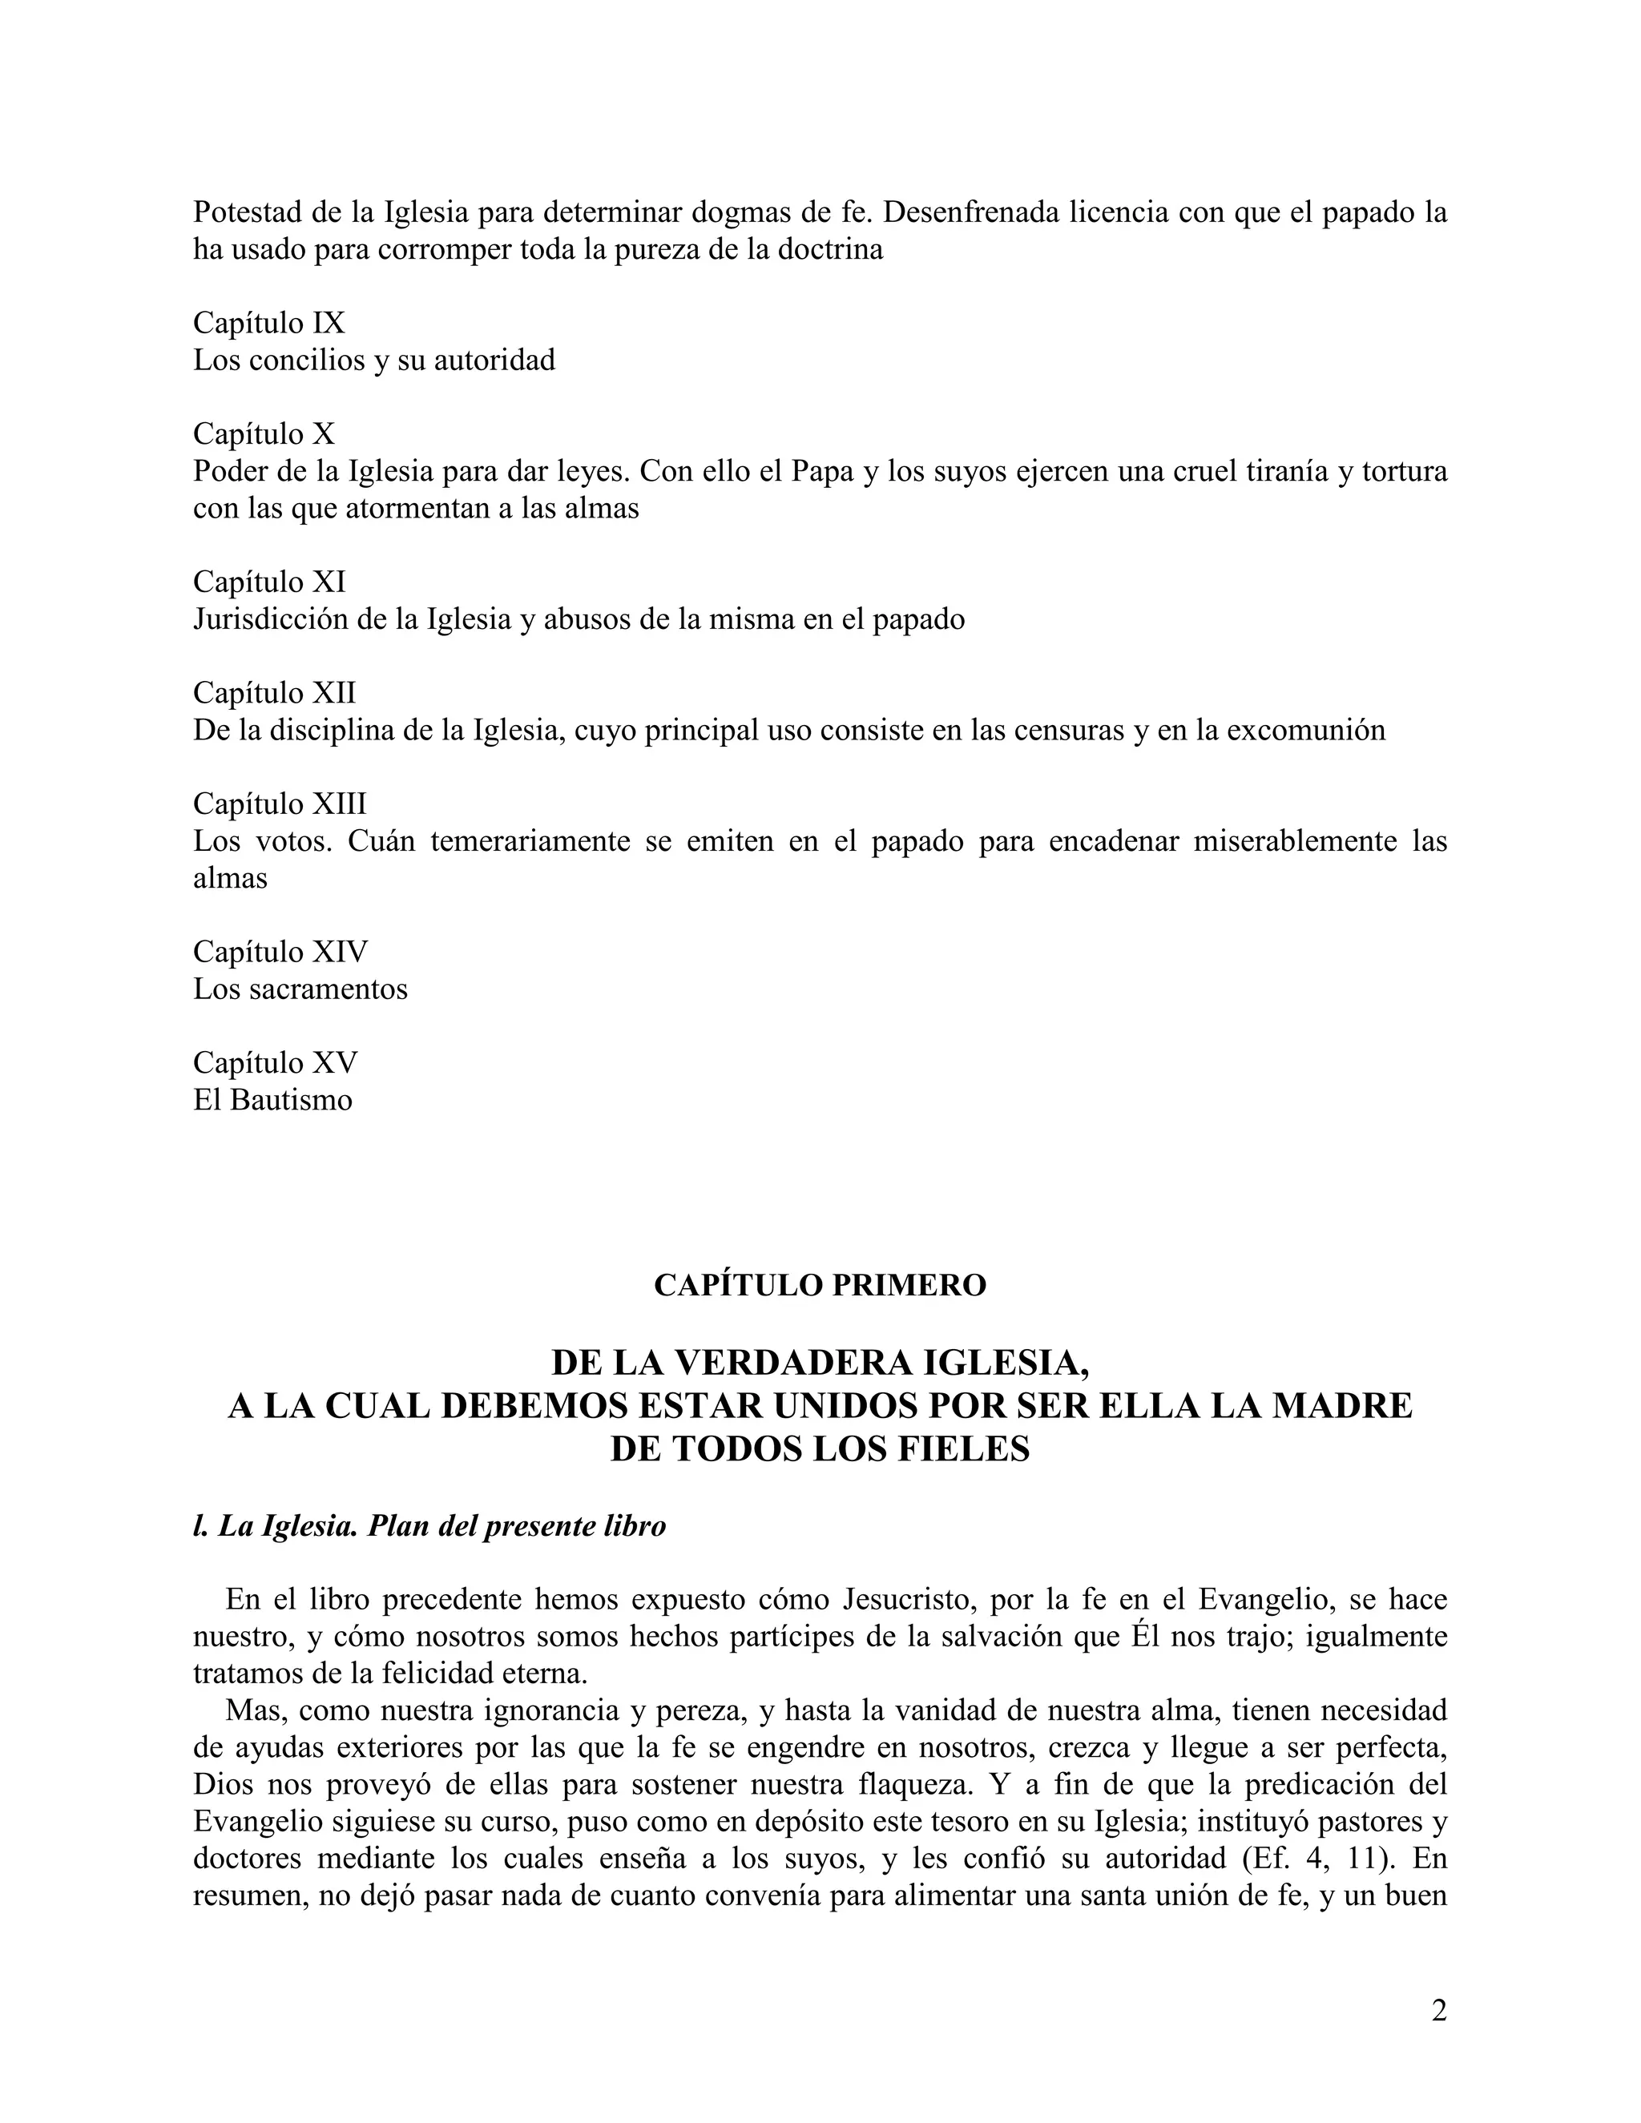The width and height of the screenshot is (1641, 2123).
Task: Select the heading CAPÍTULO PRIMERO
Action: [820, 1285]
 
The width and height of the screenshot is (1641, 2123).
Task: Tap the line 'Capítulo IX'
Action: [269, 323]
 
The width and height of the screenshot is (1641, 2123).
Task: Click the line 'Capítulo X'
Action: [264, 433]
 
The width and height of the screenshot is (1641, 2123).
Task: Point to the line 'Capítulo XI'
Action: [269, 582]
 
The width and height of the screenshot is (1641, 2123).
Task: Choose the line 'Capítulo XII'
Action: [274, 693]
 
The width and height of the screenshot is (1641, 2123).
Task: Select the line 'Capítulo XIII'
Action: [280, 804]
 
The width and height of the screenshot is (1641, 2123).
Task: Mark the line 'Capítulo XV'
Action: [275, 1062]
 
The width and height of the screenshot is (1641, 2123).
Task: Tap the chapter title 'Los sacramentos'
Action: [300, 989]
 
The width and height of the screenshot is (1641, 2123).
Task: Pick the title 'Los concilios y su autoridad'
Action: [374, 361]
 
